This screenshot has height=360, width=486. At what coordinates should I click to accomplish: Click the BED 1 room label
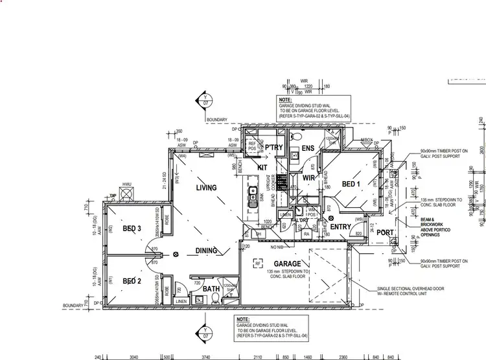pyautogui.click(x=351, y=185)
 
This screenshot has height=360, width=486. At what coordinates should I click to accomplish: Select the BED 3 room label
pyautogui.click(x=132, y=228)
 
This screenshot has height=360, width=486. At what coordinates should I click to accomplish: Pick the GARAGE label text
pyautogui.click(x=286, y=264)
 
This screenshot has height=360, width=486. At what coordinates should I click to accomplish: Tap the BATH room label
pyautogui.click(x=210, y=289)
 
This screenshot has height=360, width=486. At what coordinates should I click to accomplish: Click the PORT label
pyautogui.click(x=386, y=232)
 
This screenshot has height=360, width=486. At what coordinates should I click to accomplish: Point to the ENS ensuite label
pyautogui.click(x=307, y=149)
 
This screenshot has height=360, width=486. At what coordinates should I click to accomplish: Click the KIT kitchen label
pyautogui.click(x=262, y=167)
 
